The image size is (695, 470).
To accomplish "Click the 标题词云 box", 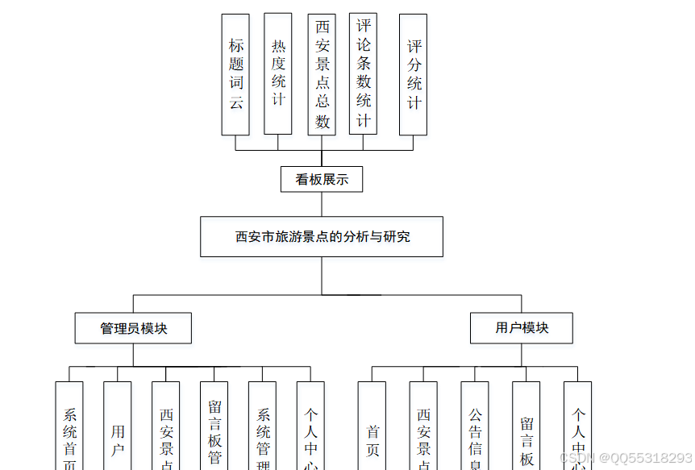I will coord(235,74).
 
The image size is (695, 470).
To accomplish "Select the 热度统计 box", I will coord(278,74).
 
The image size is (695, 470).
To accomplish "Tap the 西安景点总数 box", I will coord(322,74).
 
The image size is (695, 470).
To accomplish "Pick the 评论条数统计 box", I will coord(364,74).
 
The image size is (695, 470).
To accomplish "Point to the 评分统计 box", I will coord(414,74).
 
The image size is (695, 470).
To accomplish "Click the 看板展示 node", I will coord(322,179).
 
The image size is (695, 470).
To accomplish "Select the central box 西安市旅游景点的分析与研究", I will coord(322,236).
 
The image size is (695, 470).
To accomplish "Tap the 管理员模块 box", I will coord(133,328).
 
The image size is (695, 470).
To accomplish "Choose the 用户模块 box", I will coord(522,328).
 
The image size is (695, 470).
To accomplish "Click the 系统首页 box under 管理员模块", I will coord(69,427).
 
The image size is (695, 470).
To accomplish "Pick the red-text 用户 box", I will coord(118,427).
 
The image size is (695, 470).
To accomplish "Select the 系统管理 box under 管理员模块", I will coord(263,427).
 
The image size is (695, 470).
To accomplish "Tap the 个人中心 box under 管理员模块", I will coord(311,427).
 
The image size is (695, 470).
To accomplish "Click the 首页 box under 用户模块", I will coord(372,427).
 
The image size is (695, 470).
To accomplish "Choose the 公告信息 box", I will coord(475,427).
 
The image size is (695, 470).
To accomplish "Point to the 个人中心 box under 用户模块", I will coord(578,427).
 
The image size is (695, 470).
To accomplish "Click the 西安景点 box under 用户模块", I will coord(423,427).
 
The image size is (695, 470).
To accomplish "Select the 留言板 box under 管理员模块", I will coord(214,427).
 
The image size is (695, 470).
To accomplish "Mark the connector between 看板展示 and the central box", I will coord(322,204).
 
